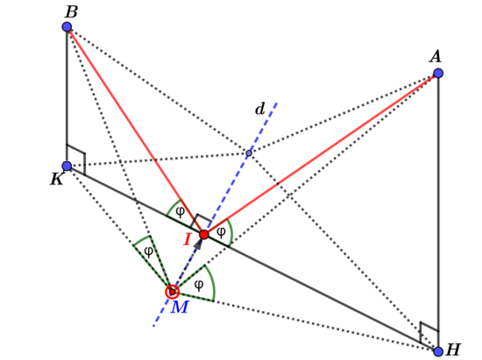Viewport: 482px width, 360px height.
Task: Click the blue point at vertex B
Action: (x=67, y=27)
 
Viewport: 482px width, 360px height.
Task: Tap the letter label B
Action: (x=72, y=11)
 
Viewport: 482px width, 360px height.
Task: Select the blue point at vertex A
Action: (x=438, y=74)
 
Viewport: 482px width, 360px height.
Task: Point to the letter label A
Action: (x=436, y=57)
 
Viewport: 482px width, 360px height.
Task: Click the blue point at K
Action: (x=67, y=166)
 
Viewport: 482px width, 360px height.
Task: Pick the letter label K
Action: (x=57, y=180)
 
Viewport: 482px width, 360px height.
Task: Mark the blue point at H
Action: (x=438, y=351)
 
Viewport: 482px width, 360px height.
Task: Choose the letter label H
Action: (x=453, y=350)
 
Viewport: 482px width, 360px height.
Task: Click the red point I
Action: (x=204, y=235)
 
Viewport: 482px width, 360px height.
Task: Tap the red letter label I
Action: (x=188, y=240)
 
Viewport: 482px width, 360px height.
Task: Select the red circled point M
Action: (x=173, y=292)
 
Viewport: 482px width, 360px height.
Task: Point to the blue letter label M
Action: (x=180, y=308)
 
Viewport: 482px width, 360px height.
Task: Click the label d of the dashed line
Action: (x=259, y=109)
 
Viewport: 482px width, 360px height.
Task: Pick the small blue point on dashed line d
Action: (x=249, y=153)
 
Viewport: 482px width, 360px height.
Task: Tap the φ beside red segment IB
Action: (x=180, y=211)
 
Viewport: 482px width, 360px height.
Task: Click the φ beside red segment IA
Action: (x=221, y=231)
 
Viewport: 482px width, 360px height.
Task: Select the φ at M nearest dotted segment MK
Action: (x=149, y=251)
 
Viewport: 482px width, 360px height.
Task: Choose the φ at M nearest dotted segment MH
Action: (x=199, y=285)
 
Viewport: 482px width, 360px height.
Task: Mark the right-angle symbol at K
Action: (x=76, y=157)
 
